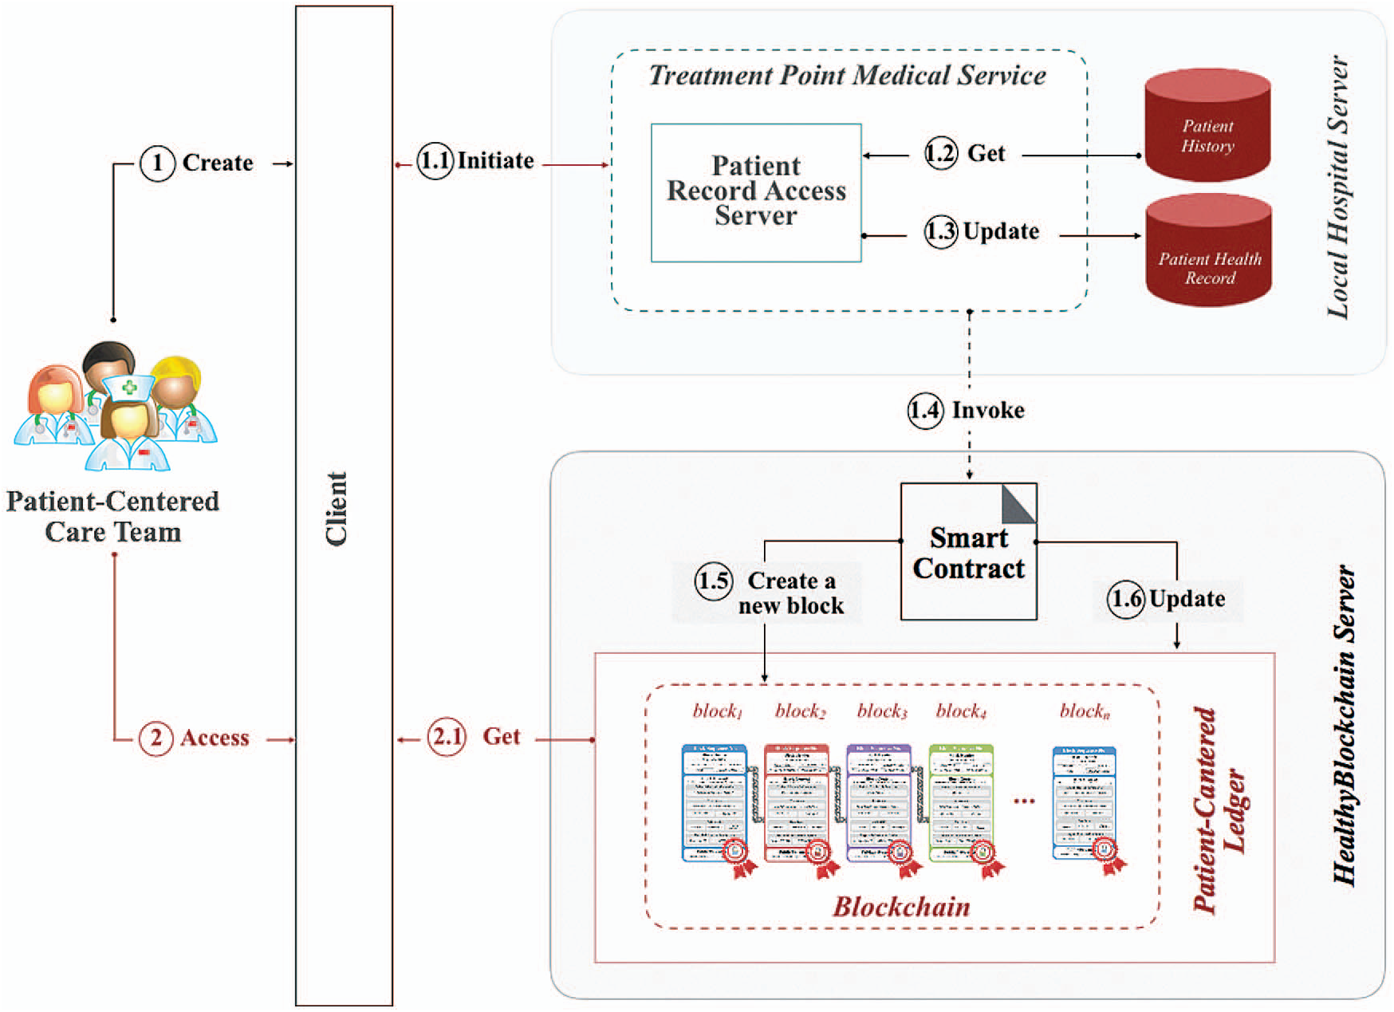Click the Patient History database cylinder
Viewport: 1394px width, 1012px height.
(x=1207, y=128)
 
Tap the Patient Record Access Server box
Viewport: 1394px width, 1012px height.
(x=756, y=192)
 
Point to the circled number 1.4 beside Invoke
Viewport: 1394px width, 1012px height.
(x=925, y=411)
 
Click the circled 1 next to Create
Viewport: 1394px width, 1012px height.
(x=157, y=163)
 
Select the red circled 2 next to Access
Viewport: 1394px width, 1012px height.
(x=156, y=738)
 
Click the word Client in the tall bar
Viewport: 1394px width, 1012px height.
(x=337, y=509)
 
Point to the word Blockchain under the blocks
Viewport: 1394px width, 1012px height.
(x=901, y=907)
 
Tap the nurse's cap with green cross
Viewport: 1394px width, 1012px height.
(x=128, y=388)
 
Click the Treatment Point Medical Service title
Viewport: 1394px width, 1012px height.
(x=847, y=76)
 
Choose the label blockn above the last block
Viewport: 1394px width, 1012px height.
(x=1085, y=711)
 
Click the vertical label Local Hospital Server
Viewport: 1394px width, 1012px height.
(x=1338, y=187)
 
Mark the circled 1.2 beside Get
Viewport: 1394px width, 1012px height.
(x=941, y=153)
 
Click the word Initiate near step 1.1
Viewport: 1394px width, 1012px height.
(x=495, y=161)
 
